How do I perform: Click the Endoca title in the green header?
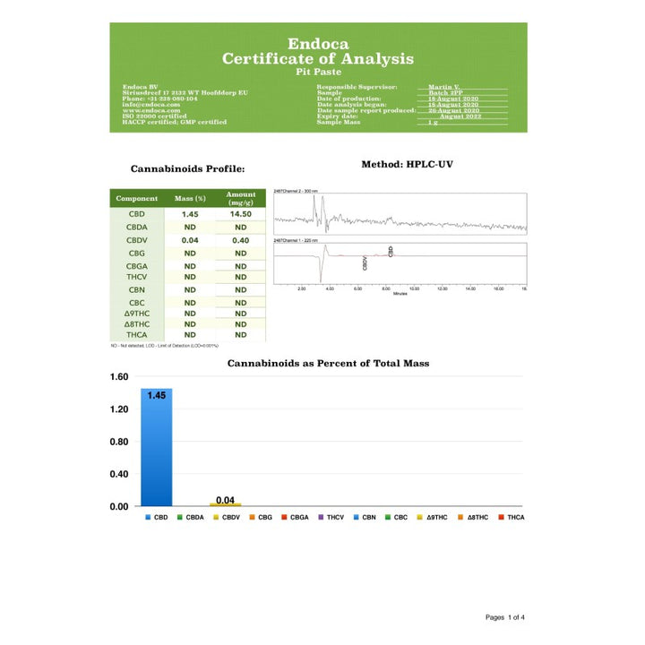pos(318,43)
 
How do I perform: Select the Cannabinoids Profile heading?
pos(187,168)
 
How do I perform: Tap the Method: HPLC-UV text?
pos(415,165)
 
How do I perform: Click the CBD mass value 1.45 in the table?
pos(189,215)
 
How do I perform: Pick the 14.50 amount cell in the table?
pos(240,215)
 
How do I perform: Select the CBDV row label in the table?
pos(137,240)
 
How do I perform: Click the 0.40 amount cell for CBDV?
pos(240,240)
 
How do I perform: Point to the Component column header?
pos(137,199)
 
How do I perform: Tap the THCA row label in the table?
pos(137,334)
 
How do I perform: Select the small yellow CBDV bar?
pos(225,504)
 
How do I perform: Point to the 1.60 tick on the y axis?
pos(119,377)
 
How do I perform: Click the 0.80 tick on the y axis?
pos(119,442)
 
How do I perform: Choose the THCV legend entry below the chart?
pos(331,518)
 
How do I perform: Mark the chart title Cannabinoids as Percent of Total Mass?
pos(328,363)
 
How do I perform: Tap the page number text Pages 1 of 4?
pos(505,617)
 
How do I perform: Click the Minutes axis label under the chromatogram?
pos(400,294)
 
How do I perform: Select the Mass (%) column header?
pos(189,199)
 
